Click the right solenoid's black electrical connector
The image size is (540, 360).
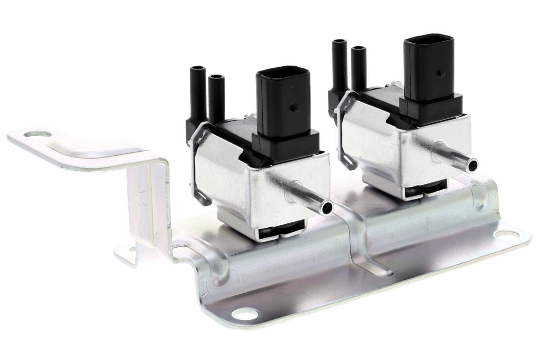(x=428, y=66)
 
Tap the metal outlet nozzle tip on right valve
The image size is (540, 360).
(x=471, y=165)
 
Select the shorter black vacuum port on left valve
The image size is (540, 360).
(x=216, y=97)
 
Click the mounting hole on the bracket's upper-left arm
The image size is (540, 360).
(x=37, y=134)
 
